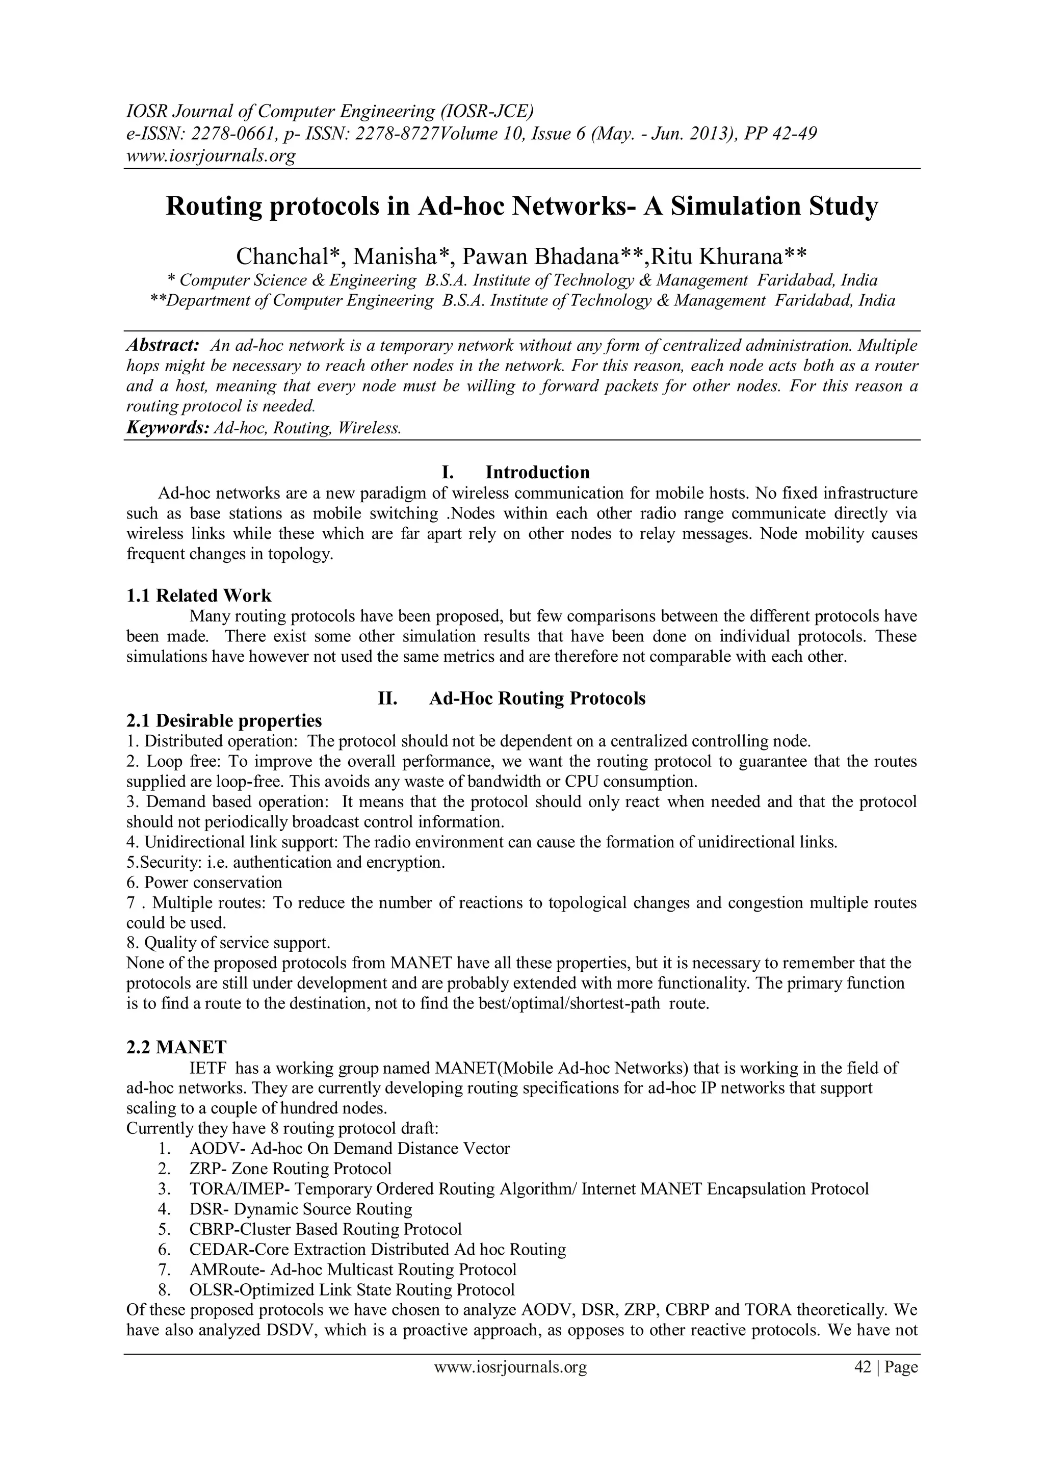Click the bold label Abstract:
tap(163, 345)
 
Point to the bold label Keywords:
tap(167, 427)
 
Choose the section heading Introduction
tap(537, 473)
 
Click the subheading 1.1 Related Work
tap(199, 595)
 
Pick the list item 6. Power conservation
tap(204, 883)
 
